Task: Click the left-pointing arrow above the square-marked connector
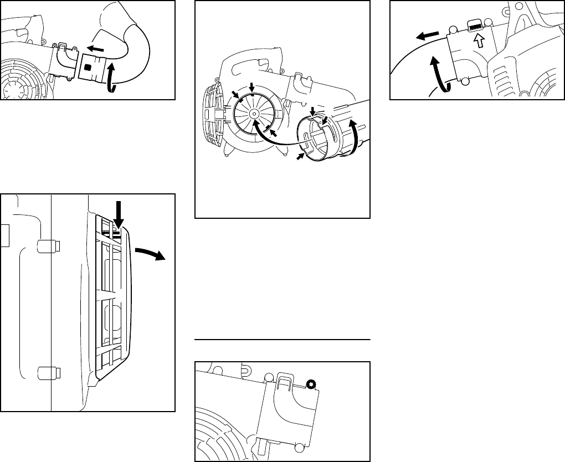(x=97, y=49)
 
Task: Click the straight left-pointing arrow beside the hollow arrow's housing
(x=426, y=36)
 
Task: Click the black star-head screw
(x=311, y=384)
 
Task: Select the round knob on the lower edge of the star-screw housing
(x=300, y=447)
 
